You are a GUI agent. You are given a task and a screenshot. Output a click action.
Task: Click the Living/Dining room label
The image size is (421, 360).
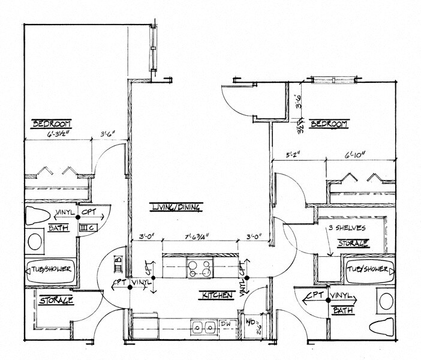[x=176, y=208]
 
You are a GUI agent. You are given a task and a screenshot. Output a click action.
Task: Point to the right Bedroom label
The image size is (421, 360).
[x=329, y=124]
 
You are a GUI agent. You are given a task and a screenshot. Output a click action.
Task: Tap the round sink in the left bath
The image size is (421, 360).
[x=35, y=243]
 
